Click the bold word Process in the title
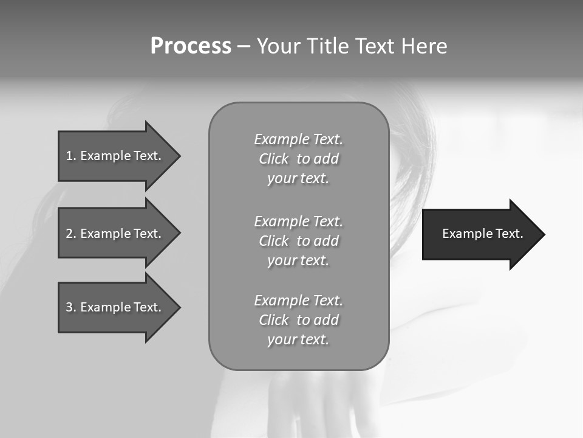tap(191, 46)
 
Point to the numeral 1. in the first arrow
tap(70, 156)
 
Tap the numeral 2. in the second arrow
tap(70, 234)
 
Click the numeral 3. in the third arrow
tap(70, 307)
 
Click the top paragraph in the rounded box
tap(298, 159)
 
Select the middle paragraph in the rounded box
tap(298, 241)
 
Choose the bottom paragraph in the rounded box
tap(298, 320)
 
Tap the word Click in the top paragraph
tap(273, 159)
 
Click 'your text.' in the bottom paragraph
tap(298, 339)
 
